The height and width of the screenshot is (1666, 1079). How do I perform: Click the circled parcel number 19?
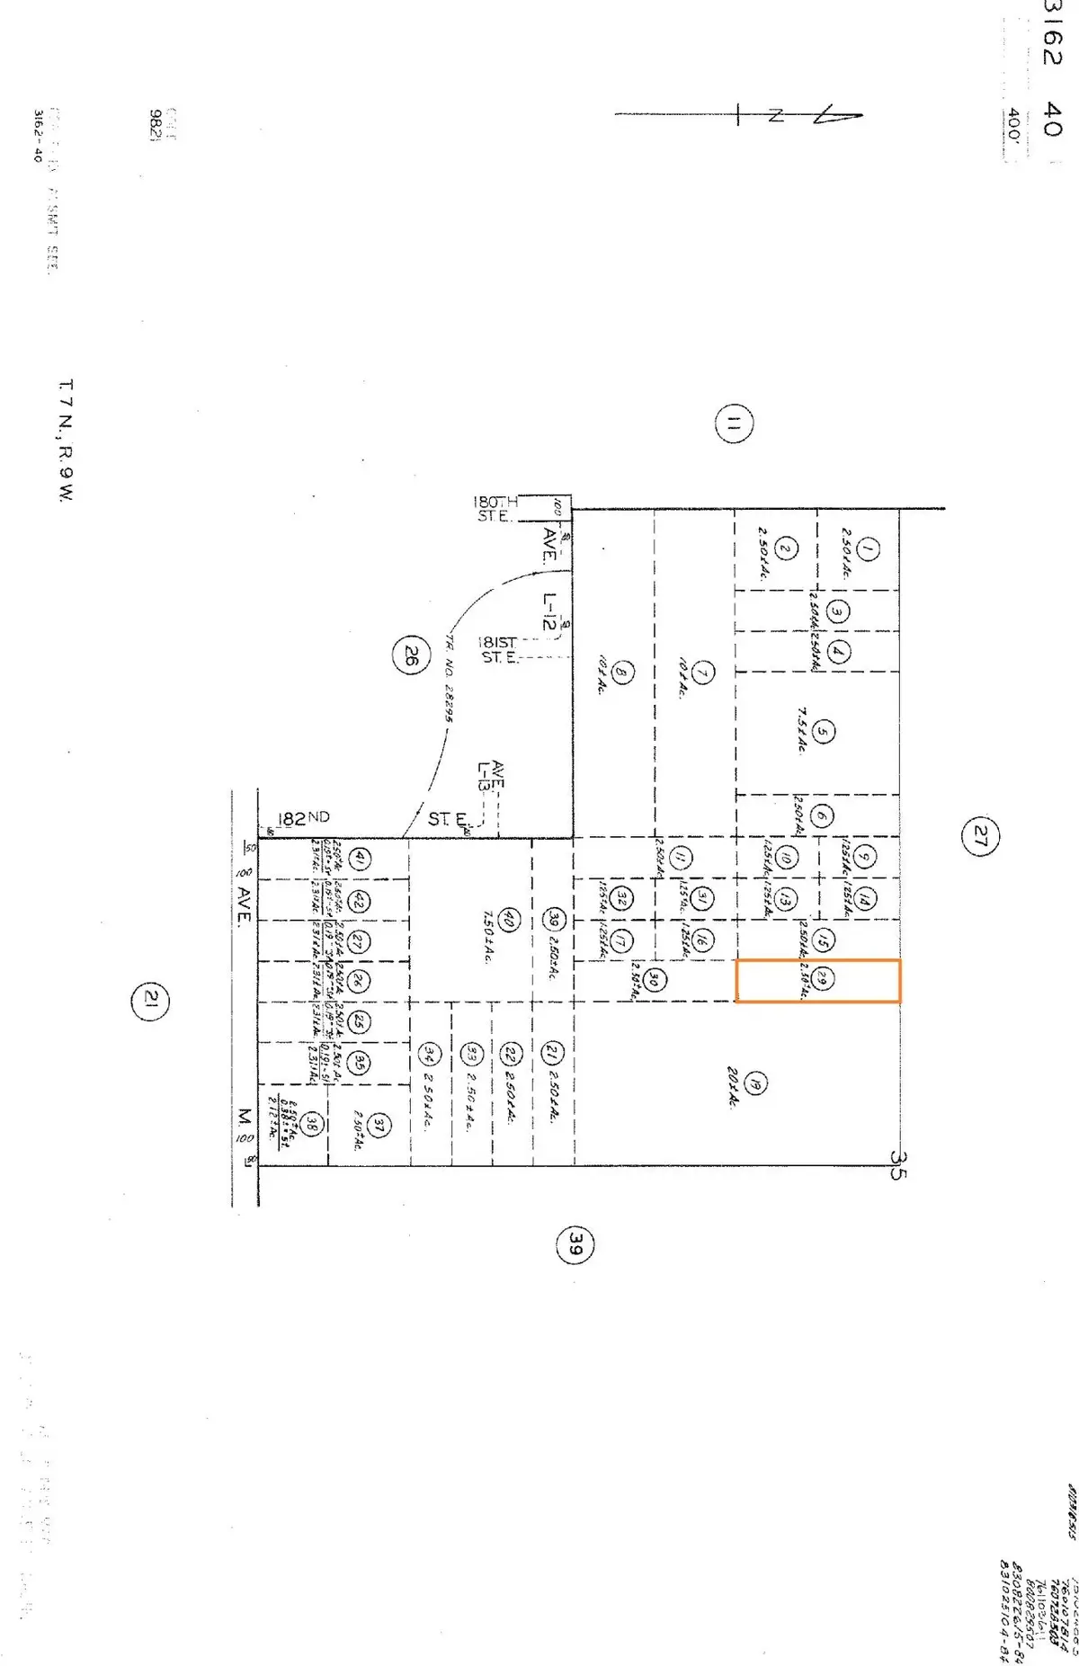coord(755,1083)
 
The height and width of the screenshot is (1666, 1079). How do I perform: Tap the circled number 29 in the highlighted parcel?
coord(822,979)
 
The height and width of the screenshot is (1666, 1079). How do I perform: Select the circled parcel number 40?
coord(508,920)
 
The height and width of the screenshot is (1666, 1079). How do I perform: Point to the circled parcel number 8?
coord(622,672)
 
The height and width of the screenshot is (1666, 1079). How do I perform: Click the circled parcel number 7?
coord(703,672)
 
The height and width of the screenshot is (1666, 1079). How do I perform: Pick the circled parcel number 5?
coord(823,732)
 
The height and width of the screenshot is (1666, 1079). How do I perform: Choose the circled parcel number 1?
coord(867,548)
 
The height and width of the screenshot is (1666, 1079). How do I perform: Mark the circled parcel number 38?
coord(312,1124)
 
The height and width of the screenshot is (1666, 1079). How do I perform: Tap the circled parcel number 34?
coord(432,1054)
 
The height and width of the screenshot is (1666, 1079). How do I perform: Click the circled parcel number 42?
coord(359,900)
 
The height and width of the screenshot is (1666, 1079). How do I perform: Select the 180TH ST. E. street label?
coord(495,509)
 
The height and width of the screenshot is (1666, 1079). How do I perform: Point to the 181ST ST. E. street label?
coord(497,649)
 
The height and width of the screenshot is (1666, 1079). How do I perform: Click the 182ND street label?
coord(303,818)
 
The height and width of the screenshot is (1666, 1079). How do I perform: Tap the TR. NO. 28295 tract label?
coord(450,678)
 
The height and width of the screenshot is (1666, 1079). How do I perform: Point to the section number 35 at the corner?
coord(898,1165)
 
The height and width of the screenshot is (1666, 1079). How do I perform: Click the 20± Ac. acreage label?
coord(733,1088)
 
